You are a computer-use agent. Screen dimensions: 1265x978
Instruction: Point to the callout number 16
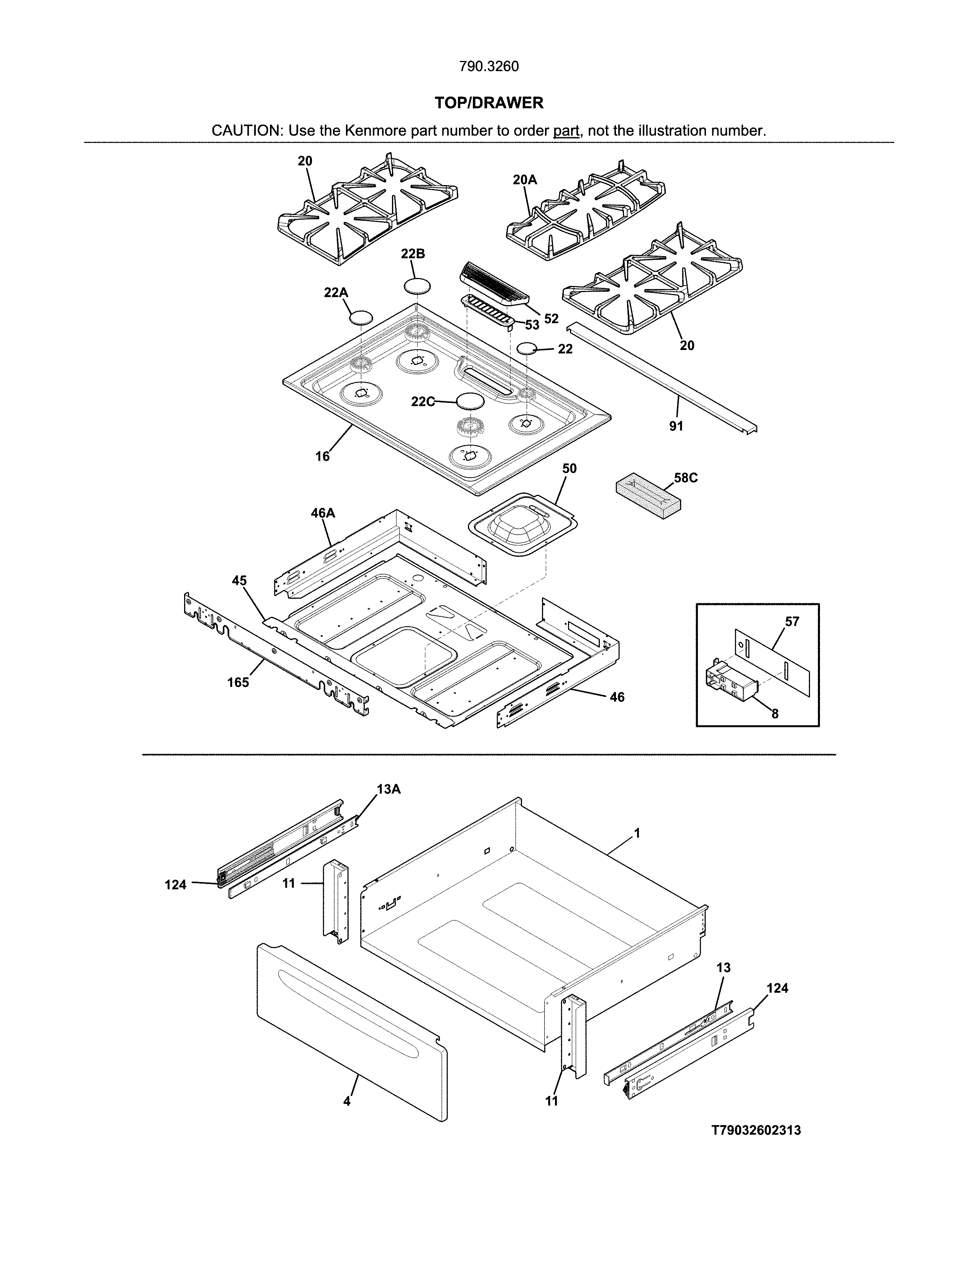pyautogui.click(x=322, y=457)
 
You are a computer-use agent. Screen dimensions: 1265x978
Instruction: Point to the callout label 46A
pyautogui.click(x=323, y=513)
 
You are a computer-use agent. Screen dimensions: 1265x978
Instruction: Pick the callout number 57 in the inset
pyautogui.click(x=792, y=621)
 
